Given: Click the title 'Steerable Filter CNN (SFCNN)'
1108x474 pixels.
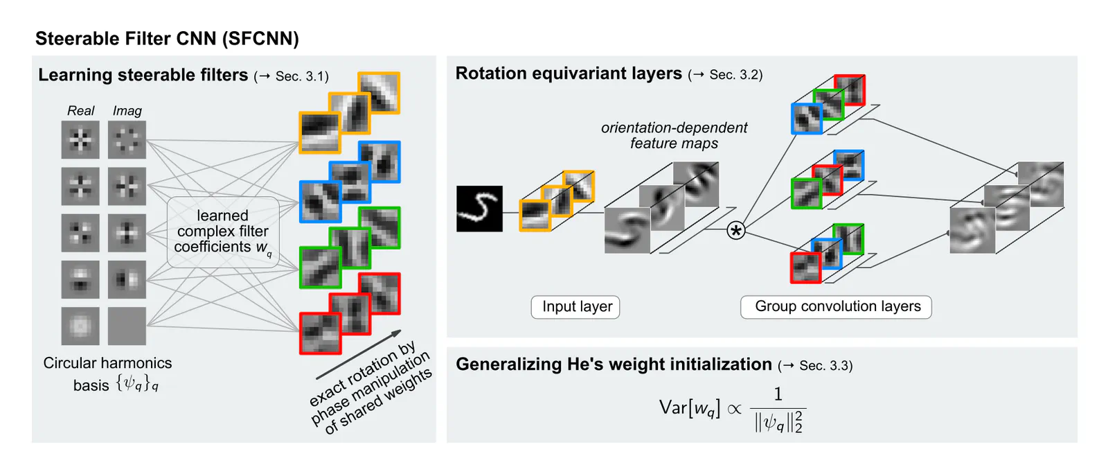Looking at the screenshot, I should click(x=167, y=39).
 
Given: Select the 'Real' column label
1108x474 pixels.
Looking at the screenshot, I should click(x=80, y=111).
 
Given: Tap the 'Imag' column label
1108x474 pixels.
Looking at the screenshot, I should click(x=127, y=111).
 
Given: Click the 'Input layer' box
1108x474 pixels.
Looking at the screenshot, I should click(x=575, y=306).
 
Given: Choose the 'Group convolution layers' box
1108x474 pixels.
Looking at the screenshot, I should click(x=836, y=306).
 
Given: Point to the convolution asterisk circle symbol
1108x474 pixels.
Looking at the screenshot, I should click(x=735, y=230).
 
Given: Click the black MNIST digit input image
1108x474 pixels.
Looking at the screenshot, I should click(x=479, y=209).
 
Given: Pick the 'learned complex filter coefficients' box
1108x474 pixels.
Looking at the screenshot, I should click(x=223, y=232).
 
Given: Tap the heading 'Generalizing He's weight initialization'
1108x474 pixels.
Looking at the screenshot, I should click(x=614, y=365).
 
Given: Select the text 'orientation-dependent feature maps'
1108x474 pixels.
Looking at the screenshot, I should click(x=674, y=136).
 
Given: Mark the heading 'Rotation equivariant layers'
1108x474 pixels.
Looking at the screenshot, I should click(x=569, y=73).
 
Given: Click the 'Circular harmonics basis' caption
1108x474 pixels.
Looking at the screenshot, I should click(x=107, y=374).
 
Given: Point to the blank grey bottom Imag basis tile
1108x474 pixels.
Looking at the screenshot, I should click(x=127, y=326).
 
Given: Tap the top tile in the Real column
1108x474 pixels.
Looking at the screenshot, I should click(x=80, y=140).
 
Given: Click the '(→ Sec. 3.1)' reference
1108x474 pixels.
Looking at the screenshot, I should click(x=291, y=76).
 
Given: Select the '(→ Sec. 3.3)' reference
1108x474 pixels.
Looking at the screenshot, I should click(x=815, y=366).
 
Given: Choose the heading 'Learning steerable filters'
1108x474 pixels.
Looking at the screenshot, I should click(x=143, y=75).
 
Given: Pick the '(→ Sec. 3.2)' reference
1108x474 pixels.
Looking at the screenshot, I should click(x=725, y=75).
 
